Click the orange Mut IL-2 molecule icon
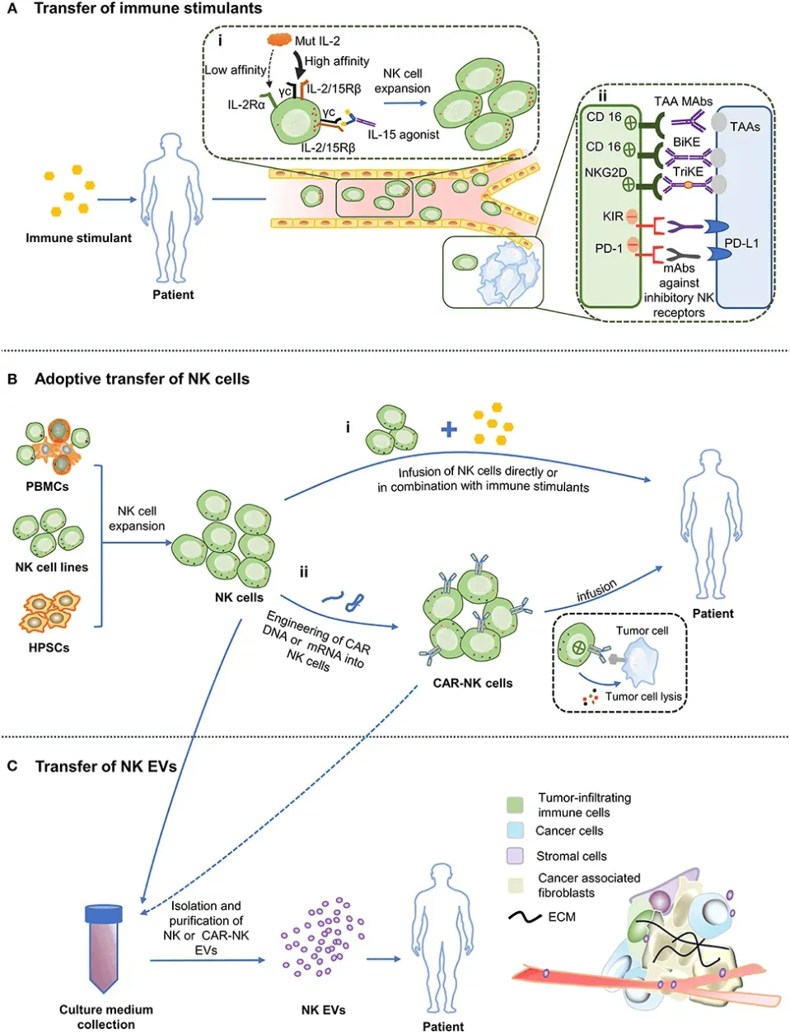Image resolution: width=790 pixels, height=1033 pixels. pos(279,40)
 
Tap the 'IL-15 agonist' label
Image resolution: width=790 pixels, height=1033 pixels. pos(404,134)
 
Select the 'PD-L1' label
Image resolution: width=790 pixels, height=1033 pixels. pos(741,244)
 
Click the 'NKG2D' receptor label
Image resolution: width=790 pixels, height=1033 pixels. pos(605,173)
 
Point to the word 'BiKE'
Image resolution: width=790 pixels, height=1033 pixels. pos(686,142)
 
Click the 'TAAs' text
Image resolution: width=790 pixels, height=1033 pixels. pos(745,127)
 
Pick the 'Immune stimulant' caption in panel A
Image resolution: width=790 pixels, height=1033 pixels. pos(78,238)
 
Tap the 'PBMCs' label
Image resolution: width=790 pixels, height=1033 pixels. pos(47,487)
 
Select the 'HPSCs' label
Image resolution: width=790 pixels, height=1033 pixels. pos(49,648)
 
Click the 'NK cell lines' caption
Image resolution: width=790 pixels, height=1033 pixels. pos(51,568)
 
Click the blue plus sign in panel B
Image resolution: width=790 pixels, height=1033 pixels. pos(448,428)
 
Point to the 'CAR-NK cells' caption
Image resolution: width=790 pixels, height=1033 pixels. pos(472,683)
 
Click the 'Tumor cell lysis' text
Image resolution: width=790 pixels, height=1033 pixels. pos(643,697)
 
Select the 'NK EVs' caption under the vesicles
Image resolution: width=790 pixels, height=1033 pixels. pos(323,1010)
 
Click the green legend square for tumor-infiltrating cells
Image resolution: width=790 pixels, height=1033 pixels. pos(516,804)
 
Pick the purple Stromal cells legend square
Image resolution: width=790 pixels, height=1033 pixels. pos(516,856)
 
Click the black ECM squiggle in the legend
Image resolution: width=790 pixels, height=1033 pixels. pos(525,917)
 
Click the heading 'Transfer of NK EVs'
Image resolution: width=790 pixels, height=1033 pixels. pos(105,766)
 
